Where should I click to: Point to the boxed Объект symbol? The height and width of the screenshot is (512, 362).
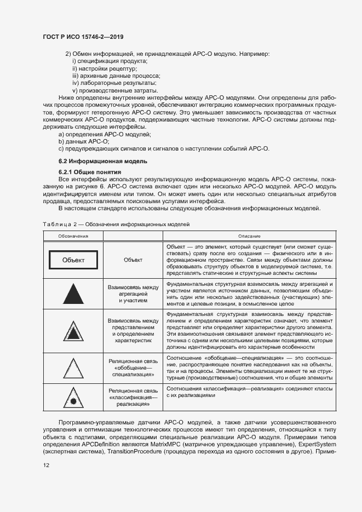(73, 260)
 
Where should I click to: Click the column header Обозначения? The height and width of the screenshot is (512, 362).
(73, 235)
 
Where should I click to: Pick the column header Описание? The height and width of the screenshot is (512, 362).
(249, 235)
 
